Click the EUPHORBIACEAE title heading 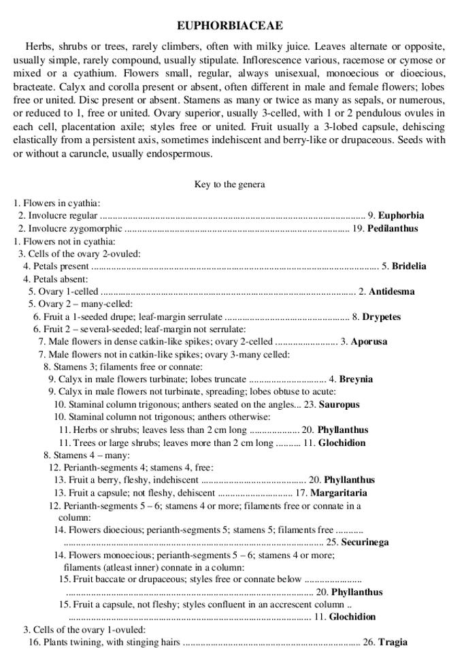230,26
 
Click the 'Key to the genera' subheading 229,184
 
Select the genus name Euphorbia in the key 401,215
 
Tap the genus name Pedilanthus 393,228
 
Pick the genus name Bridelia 409,266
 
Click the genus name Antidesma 391,291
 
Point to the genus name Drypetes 381,317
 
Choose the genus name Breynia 356,379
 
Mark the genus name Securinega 365,542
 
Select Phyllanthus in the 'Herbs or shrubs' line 343,430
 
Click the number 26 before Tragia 369,642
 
